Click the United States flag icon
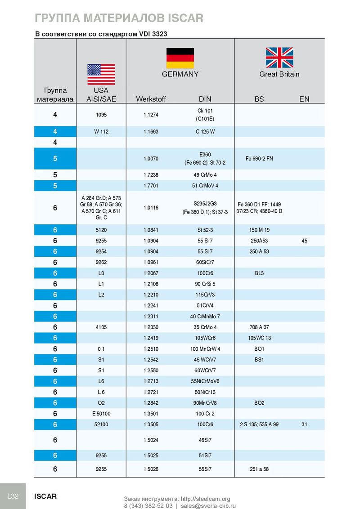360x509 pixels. [x=101, y=74]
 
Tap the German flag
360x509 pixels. [x=180, y=58]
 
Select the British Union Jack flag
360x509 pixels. [x=279, y=58]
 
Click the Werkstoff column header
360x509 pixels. [x=151, y=99]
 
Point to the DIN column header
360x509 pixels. [x=205, y=99]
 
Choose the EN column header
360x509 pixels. [x=304, y=99]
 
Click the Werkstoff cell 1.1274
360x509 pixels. [x=151, y=115]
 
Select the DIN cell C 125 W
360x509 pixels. [x=205, y=132]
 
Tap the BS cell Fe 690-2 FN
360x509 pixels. [x=259, y=159]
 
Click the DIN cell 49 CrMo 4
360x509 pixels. [x=205, y=175]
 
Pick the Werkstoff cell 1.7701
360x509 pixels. [x=151, y=185]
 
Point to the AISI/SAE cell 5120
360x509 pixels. [x=101, y=230]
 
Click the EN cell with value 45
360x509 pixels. [x=305, y=241]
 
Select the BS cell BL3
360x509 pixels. [x=259, y=273]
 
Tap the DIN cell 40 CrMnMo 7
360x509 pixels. [x=205, y=316]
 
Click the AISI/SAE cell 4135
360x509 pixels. [x=101, y=327]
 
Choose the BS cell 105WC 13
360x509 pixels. [x=259, y=338]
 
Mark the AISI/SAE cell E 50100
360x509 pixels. [x=101, y=413]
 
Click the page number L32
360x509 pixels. [x=13, y=496]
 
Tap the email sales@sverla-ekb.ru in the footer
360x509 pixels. [x=208, y=505]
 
